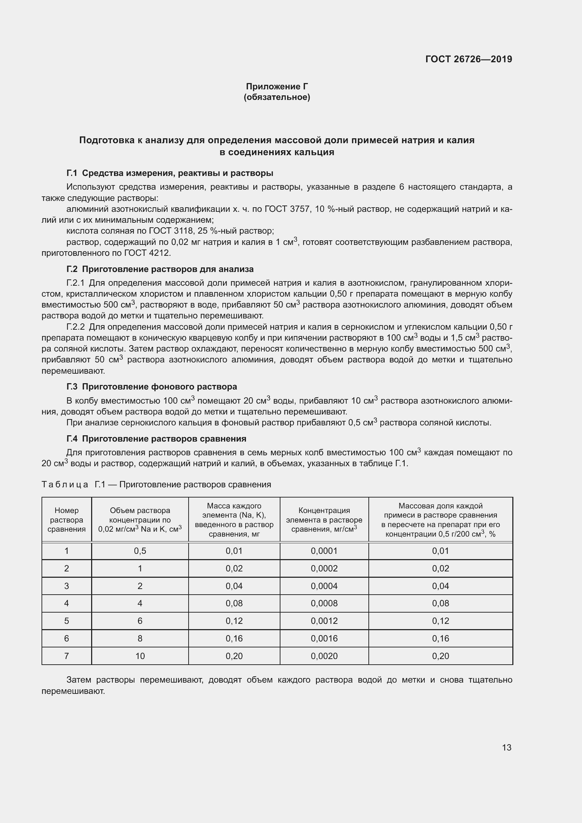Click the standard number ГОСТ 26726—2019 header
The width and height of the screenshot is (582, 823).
pos(468,59)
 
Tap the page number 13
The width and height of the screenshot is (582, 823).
pos(506,747)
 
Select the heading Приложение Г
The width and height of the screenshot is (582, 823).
pos(277,87)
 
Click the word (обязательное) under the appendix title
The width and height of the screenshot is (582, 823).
pos(277,97)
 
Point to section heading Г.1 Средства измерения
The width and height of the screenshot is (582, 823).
pos(170,173)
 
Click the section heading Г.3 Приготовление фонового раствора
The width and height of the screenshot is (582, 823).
pos(152,387)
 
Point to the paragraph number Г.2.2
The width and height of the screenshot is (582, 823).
pos(76,327)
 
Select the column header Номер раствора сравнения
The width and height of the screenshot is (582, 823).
pos(67,520)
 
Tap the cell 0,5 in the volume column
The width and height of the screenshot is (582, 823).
pos(140,551)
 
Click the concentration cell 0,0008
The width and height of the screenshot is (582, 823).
pos(324,603)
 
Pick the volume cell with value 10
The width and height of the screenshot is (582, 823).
pos(140,656)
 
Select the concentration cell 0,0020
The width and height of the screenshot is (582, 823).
pos(324,656)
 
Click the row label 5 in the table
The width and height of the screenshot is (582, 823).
pos(67,621)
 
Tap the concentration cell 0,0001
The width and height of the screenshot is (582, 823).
pos(324,551)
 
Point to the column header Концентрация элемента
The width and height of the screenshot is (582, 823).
pos(324,520)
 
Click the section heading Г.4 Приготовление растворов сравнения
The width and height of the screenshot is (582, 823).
pos(156,439)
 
